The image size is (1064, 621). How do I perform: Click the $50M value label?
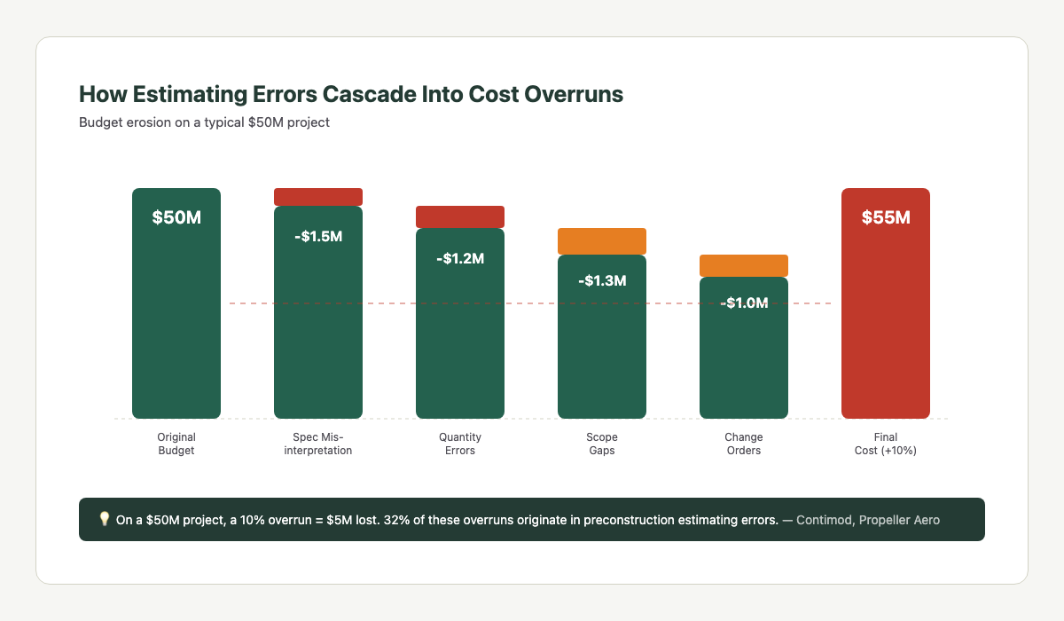pos(176,217)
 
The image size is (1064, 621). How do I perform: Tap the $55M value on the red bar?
pos(886,217)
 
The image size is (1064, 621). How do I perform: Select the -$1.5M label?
pos(318,237)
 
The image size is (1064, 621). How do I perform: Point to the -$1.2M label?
pos(460,259)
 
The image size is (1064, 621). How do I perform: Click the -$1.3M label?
pos(602,281)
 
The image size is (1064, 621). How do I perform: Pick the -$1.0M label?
pos(744,303)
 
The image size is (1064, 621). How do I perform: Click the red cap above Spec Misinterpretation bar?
pos(318,197)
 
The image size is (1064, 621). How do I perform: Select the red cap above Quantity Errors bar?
pos(460,216)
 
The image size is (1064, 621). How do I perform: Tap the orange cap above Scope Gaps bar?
pos(602,241)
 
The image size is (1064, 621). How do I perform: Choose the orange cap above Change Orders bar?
pos(744,265)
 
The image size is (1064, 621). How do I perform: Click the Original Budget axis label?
pos(176,444)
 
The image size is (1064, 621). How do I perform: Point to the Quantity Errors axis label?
pos(460,444)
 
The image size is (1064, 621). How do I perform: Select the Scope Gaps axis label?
pos(602,444)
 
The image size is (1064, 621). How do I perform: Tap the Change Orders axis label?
pos(744,444)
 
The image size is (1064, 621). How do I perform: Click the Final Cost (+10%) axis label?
pos(886,444)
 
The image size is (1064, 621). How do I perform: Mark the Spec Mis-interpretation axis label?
pos(318,444)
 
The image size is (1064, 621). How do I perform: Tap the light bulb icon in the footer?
pos(104,520)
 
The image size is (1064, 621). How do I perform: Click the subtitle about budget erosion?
pos(204,122)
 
